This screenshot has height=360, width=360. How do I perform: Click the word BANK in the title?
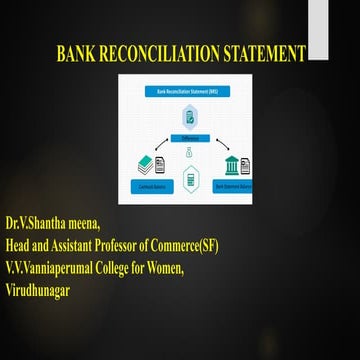[79, 53]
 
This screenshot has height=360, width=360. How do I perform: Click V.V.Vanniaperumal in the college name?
[53, 253]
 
